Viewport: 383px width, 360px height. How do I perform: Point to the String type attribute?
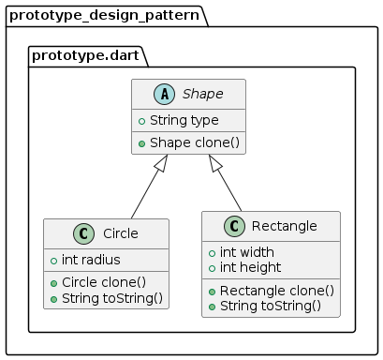coord(184,120)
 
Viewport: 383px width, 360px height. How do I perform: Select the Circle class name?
coord(121,232)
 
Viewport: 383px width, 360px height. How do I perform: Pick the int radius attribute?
coord(90,260)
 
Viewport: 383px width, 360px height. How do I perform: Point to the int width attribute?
coord(247,252)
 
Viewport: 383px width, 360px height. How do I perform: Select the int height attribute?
coord(249,267)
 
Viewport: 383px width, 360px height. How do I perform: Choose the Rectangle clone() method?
coord(271,290)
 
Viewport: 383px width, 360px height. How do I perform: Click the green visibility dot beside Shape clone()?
coord(141,142)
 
